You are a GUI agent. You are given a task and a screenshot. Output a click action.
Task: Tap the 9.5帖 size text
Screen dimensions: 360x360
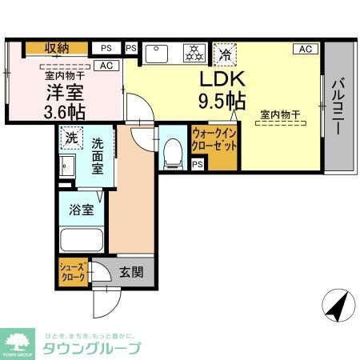point(222,102)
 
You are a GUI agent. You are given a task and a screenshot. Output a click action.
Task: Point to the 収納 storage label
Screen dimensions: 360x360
point(57,48)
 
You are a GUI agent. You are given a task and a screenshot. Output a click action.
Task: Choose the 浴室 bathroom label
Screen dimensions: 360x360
point(80,210)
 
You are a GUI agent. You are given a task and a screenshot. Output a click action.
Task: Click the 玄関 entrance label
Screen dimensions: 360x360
point(131,272)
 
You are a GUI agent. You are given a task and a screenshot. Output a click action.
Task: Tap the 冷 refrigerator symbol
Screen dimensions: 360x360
point(226,54)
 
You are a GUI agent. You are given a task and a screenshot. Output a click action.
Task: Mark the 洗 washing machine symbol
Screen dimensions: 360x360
point(71,136)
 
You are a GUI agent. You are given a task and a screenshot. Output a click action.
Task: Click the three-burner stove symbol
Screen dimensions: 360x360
point(193,53)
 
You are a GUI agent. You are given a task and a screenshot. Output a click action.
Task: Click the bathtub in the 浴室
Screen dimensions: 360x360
point(81,239)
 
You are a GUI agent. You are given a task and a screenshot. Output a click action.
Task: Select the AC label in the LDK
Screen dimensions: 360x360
point(305,49)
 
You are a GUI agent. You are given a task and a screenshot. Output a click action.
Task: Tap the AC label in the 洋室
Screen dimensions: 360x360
point(106,65)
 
